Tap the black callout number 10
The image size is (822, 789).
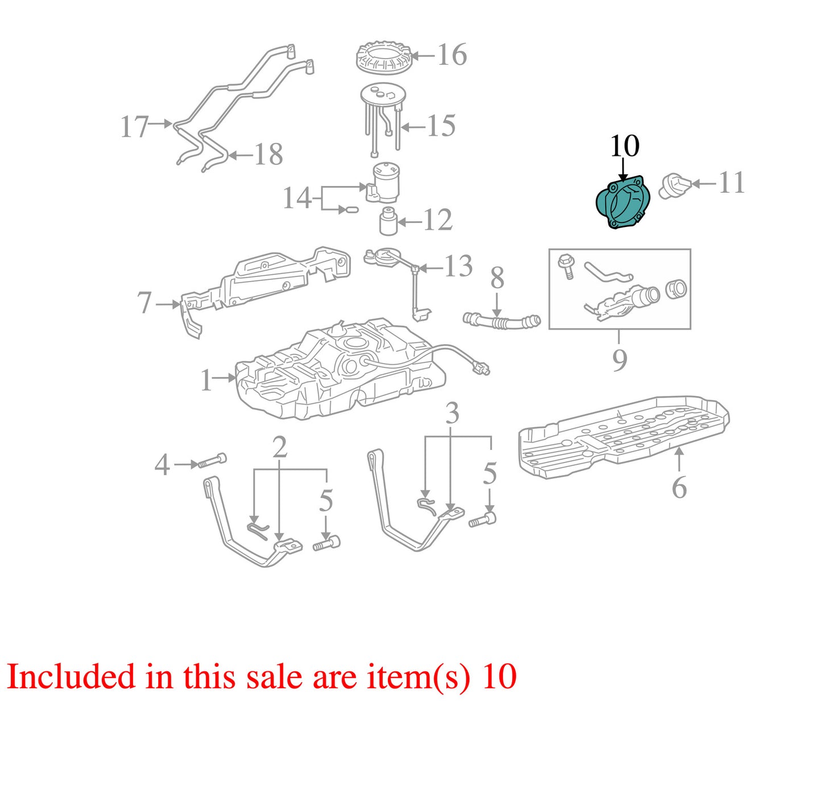(625, 146)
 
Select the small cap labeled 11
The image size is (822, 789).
(675, 186)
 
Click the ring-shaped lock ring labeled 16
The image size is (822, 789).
(383, 58)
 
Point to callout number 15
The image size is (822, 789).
(441, 126)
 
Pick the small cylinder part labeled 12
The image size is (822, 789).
(388, 221)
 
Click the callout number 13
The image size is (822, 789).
(458, 266)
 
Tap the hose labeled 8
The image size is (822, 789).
(502, 321)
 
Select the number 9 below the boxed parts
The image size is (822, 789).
(619, 360)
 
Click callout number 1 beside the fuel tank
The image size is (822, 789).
(206, 380)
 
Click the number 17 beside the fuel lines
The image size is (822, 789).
(134, 127)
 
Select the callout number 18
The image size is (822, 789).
(269, 154)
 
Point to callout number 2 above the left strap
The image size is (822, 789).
(280, 448)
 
